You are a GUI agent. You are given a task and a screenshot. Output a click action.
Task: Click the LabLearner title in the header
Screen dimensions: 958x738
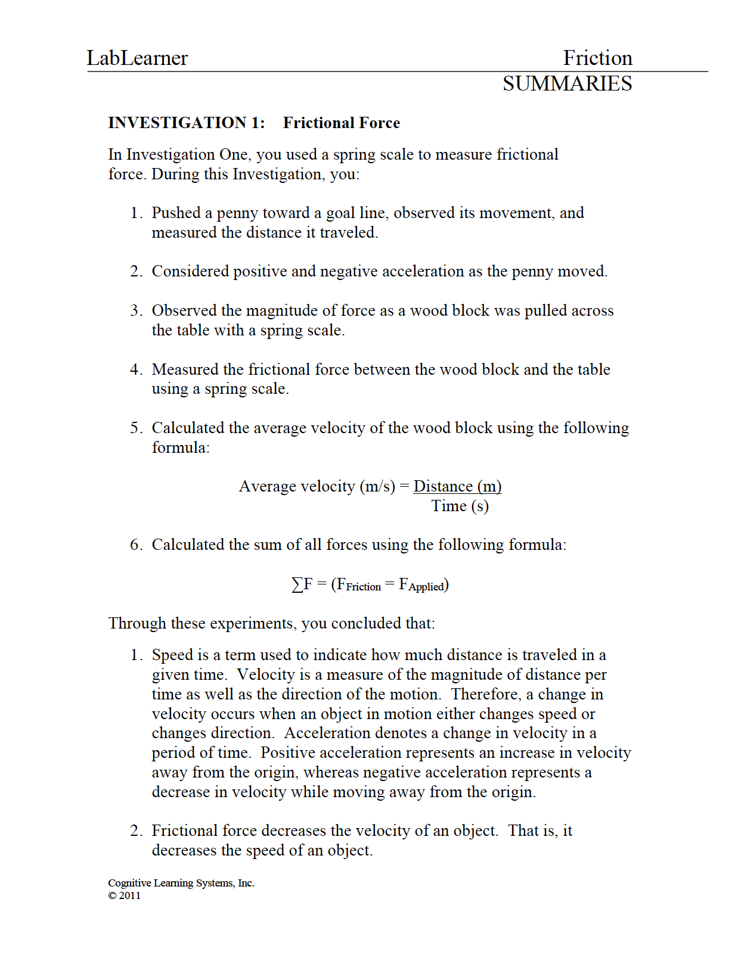click(x=137, y=58)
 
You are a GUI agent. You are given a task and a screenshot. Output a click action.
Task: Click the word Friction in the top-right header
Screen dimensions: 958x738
click(x=597, y=58)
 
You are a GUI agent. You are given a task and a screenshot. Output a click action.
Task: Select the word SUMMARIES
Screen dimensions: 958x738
click(x=567, y=83)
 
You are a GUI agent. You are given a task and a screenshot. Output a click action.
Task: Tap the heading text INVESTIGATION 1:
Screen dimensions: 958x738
click(x=187, y=123)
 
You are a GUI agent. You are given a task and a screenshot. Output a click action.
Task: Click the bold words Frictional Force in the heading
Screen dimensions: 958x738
click(x=342, y=123)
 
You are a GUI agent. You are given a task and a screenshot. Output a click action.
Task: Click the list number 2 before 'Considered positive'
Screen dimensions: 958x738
click(x=136, y=272)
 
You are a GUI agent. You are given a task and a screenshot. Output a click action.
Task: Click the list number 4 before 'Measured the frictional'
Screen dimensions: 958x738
click(x=136, y=369)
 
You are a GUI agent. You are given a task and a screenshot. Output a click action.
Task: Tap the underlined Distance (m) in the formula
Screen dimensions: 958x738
click(x=457, y=486)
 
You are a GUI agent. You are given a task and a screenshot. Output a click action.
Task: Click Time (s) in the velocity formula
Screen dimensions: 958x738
click(x=460, y=506)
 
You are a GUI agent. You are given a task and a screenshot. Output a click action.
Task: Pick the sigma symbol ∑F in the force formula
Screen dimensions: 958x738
click(x=302, y=584)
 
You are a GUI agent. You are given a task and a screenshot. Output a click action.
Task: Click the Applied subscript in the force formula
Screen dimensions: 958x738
click(x=426, y=587)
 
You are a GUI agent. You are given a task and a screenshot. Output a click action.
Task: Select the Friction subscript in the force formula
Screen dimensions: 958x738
click(x=363, y=587)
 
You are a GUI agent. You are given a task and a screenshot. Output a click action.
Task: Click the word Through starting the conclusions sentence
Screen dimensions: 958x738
click(x=138, y=623)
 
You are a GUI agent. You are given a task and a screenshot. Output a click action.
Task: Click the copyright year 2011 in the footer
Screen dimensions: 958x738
click(x=129, y=895)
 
